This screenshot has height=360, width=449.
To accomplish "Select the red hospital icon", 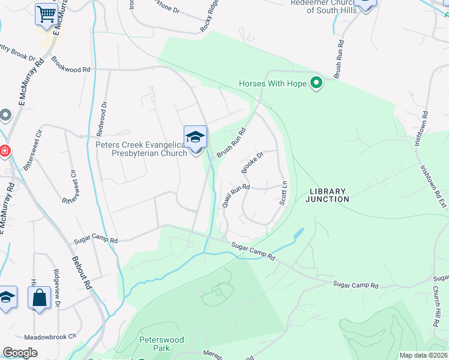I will [4, 151].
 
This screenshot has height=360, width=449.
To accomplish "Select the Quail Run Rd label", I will [235, 196].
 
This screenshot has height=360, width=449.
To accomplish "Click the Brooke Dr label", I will [253, 163].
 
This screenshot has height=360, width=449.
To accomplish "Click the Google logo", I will [20, 353].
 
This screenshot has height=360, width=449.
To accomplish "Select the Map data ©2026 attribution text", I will [423, 355].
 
